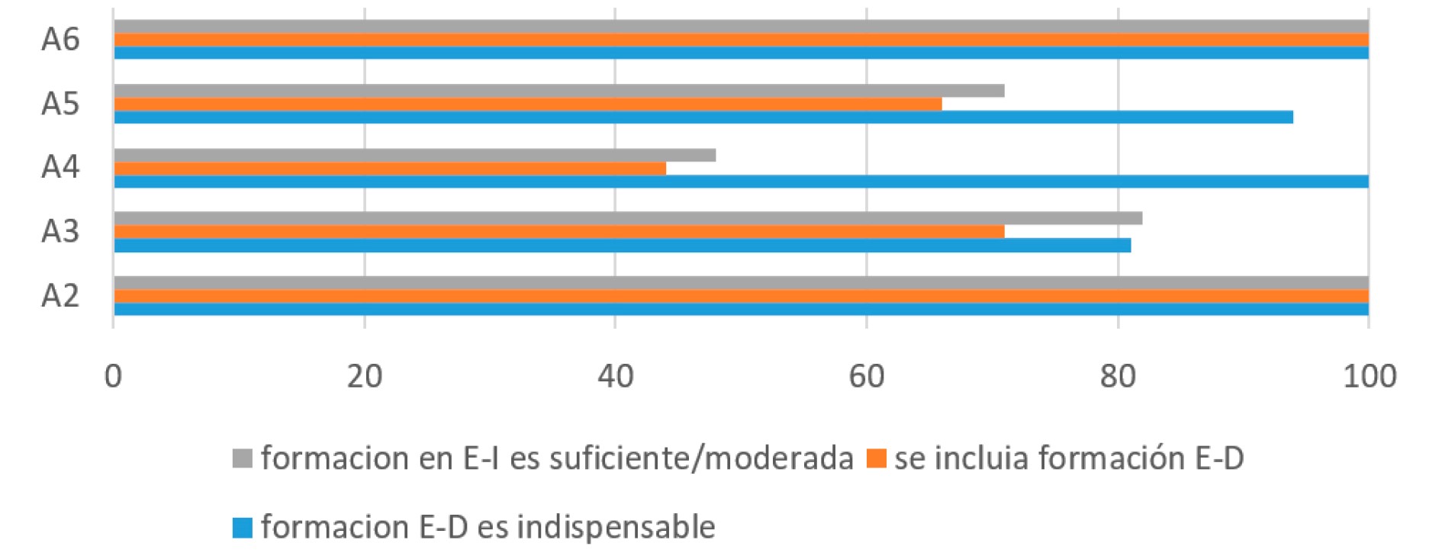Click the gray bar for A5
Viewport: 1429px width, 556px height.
click(558, 91)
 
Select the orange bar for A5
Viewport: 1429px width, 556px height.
click(527, 104)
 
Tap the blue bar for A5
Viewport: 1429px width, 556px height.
click(703, 117)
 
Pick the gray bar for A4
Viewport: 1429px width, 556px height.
click(414, 155)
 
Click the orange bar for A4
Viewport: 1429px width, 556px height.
click(389, 168)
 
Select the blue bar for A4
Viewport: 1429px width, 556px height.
click(740, 182)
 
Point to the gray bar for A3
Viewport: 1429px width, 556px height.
click(627, 218)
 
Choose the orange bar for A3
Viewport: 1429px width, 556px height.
click(558, 231)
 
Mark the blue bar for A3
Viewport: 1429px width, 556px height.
click(622, 245)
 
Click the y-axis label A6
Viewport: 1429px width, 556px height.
click(60, 40)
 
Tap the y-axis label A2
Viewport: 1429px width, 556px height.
click(60, 295)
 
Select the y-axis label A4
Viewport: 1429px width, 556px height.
click(60, 167)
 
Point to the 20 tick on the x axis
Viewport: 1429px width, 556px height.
click(365, 377)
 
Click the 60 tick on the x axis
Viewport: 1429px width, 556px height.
click(867, 377)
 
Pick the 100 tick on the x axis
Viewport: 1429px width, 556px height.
click(1369, 377)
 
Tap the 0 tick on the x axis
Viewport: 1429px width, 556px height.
click(114, 377)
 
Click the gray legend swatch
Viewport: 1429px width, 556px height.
click(243, 459)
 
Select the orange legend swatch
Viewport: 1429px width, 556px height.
click(877, 459)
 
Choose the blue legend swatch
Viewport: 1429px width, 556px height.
click(243, 528)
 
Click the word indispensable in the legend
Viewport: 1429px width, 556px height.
click(616, 528)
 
